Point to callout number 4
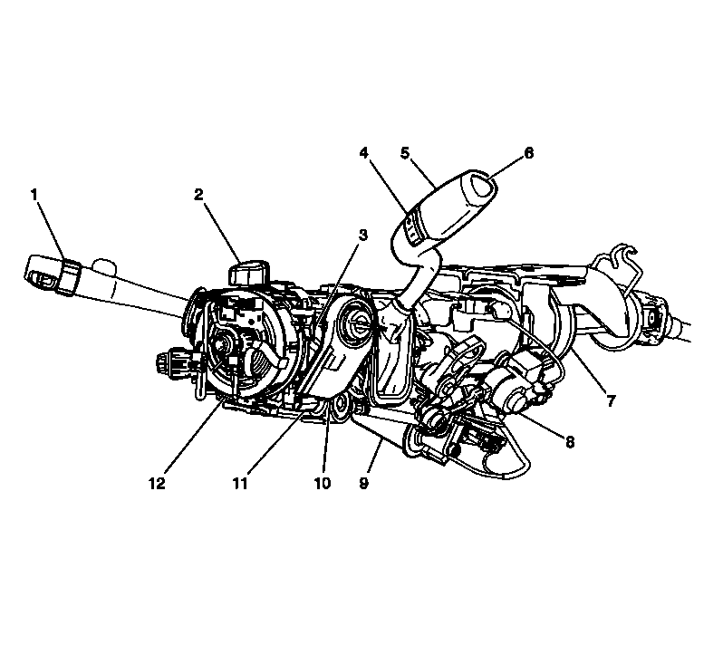pyautogui.click(x=364, y=153)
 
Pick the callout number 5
pyautogui.click(x=405, y=153)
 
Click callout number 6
pyautogui.click(x=528, y=153)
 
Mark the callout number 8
pyautogui.click(x=570, y=442)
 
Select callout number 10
pyautogui.click(x=322, y=483)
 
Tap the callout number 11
pyautogui.click(x=239, y=483)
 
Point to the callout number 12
pyautogui.click(x=157, y=483)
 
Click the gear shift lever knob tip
pyautogui.click(x=478, y=188)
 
